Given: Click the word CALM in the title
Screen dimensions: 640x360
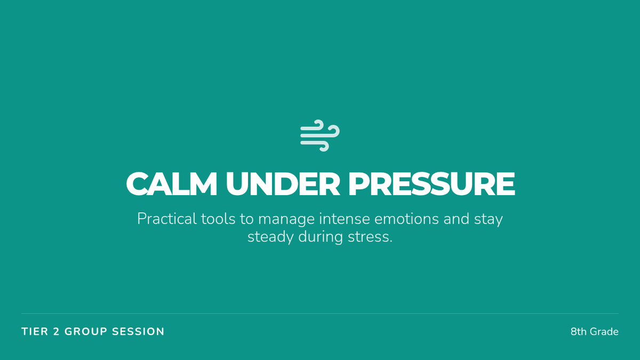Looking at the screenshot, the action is click(171, 183).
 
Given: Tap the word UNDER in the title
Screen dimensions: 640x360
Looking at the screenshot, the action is click(283, 183).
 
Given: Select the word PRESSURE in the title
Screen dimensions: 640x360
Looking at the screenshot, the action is click(431, 183).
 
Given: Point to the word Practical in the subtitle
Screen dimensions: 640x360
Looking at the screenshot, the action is click(166, 219).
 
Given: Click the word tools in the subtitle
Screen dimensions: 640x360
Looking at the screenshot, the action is click(218, 219).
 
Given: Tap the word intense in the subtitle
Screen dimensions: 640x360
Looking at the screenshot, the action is click(345, 219).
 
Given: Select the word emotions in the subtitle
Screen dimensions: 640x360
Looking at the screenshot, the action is click(406, 219).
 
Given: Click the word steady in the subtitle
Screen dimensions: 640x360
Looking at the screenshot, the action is click(270, 238).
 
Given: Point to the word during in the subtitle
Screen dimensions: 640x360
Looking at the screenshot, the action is click(321, 238).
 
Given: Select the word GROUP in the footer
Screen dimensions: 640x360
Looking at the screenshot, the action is click(86, 332).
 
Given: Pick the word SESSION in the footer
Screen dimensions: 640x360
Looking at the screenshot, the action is click(138, 332).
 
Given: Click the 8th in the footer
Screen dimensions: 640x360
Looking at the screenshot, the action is click(579, 332).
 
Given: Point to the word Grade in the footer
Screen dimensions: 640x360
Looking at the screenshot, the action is click(604, 332).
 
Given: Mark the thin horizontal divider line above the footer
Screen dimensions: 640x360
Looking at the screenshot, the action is click(320, 314).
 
